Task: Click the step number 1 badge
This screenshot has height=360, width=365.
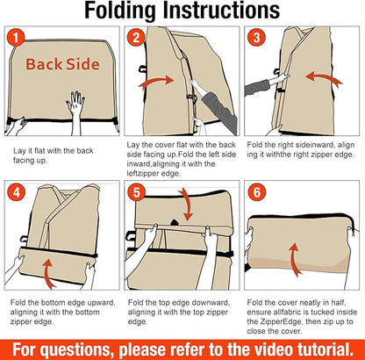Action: coord(16,38)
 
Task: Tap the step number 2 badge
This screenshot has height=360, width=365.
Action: coord(136,38)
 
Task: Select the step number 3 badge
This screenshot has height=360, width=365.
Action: coord(256,38)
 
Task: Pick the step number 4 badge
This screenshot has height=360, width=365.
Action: coord(16,193)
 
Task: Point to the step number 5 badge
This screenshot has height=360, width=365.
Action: coord(137,193)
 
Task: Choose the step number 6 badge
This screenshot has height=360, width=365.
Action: coord(257,193)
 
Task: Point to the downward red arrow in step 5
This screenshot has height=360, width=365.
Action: coord(187,205)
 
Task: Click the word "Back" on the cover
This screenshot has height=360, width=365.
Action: coord(44,64)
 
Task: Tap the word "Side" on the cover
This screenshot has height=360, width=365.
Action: coord(82,64)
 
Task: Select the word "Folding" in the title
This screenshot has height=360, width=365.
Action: coord(120,11)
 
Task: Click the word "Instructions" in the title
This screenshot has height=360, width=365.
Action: coord(221,10)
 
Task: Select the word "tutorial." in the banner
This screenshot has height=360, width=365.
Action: coord(324,349)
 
